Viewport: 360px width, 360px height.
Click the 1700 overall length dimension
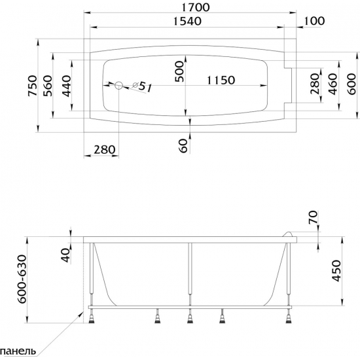coord(196,7)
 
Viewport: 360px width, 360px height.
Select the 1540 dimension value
coord(187,21)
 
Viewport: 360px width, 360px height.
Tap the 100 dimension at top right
coord(314,21)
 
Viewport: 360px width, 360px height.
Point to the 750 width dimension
coord(32,86)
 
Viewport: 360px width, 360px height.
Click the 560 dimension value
coord(48,86)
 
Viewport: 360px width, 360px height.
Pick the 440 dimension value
coord(67,86)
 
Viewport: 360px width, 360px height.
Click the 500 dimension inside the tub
coord(179,71)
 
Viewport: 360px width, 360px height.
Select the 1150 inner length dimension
coord(221,80)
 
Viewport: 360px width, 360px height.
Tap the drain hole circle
coord(118,85)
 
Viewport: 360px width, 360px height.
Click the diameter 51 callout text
coord(142,86)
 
